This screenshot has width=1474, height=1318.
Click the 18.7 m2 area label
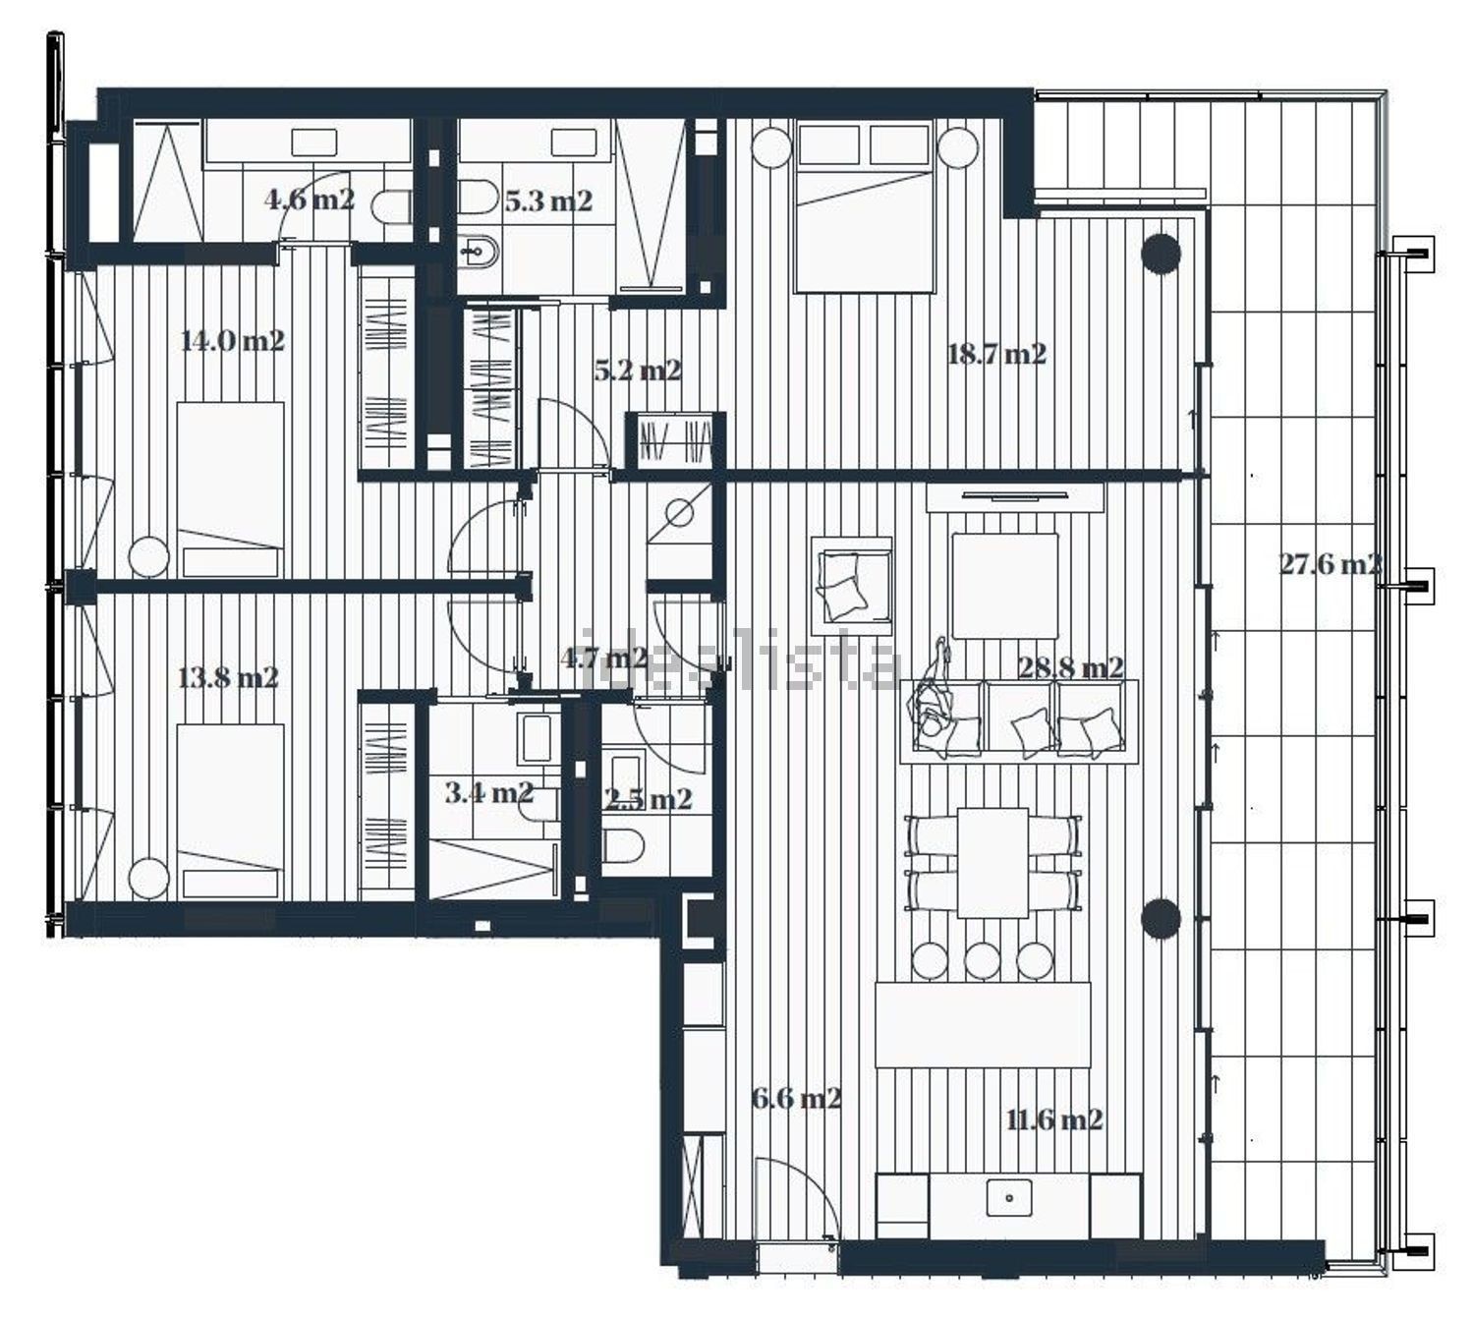coord(996,354)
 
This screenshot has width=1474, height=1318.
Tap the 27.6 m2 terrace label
coord(1330,564)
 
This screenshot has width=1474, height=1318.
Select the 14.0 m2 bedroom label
coord(232,340)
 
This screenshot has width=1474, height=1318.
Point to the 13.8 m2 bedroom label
coord(228,677)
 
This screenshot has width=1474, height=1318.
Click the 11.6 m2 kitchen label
coord(1054,1119)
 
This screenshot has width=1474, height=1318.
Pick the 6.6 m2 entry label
coord(797,1098)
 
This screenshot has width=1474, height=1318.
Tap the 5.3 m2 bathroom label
coord(548,201)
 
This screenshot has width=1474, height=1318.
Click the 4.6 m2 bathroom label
coord(310,199)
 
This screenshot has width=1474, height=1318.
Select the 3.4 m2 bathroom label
coord(489,792)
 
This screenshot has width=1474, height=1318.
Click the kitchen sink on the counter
coord(1009,1198)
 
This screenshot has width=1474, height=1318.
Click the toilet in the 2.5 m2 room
coord(624,845)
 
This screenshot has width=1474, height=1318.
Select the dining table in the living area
coord(992,862)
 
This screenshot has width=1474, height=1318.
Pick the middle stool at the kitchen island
coord(983,961)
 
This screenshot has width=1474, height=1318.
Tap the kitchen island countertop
coord(983,1025)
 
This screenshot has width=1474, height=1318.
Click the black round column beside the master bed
coord(1161,253)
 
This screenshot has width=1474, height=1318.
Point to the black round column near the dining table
coord(1161,918)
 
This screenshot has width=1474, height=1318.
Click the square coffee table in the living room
coord(1004,586)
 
